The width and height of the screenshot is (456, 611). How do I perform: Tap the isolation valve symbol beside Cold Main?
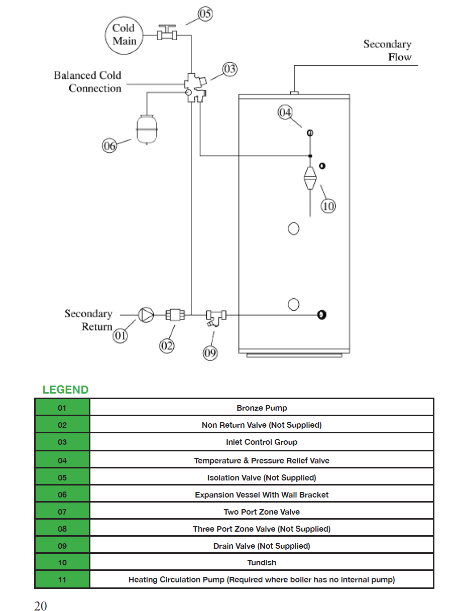coord(167,33)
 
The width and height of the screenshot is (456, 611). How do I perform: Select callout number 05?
coord(205,14)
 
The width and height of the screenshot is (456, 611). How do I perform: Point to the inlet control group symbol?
coord(195,88)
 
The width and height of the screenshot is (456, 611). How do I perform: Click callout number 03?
coord(230,69)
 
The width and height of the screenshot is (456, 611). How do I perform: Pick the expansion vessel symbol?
coord(147,130)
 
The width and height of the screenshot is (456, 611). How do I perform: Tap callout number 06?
coord(109,146)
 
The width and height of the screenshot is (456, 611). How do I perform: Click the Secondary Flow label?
coord(387,50)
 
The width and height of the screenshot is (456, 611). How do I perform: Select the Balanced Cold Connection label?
coord(88,81)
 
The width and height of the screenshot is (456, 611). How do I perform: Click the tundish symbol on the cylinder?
coord(310,178)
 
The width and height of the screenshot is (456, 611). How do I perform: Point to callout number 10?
coord(328,206)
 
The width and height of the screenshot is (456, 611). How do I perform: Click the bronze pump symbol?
coord(146,315)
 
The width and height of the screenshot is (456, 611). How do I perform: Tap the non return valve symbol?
coord(175,315)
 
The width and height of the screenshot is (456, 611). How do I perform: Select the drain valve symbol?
coord(216,318)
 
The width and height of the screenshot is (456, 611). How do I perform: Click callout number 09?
coord(210,353)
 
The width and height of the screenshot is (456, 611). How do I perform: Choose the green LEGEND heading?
coord(65,390)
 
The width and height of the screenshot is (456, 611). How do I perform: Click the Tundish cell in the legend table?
coord(262,563)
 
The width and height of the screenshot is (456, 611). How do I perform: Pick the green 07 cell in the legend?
coord(62,512)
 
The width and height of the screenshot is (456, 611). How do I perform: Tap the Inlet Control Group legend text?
coord(262,442)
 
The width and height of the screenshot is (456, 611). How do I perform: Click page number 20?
coord(40,606)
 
